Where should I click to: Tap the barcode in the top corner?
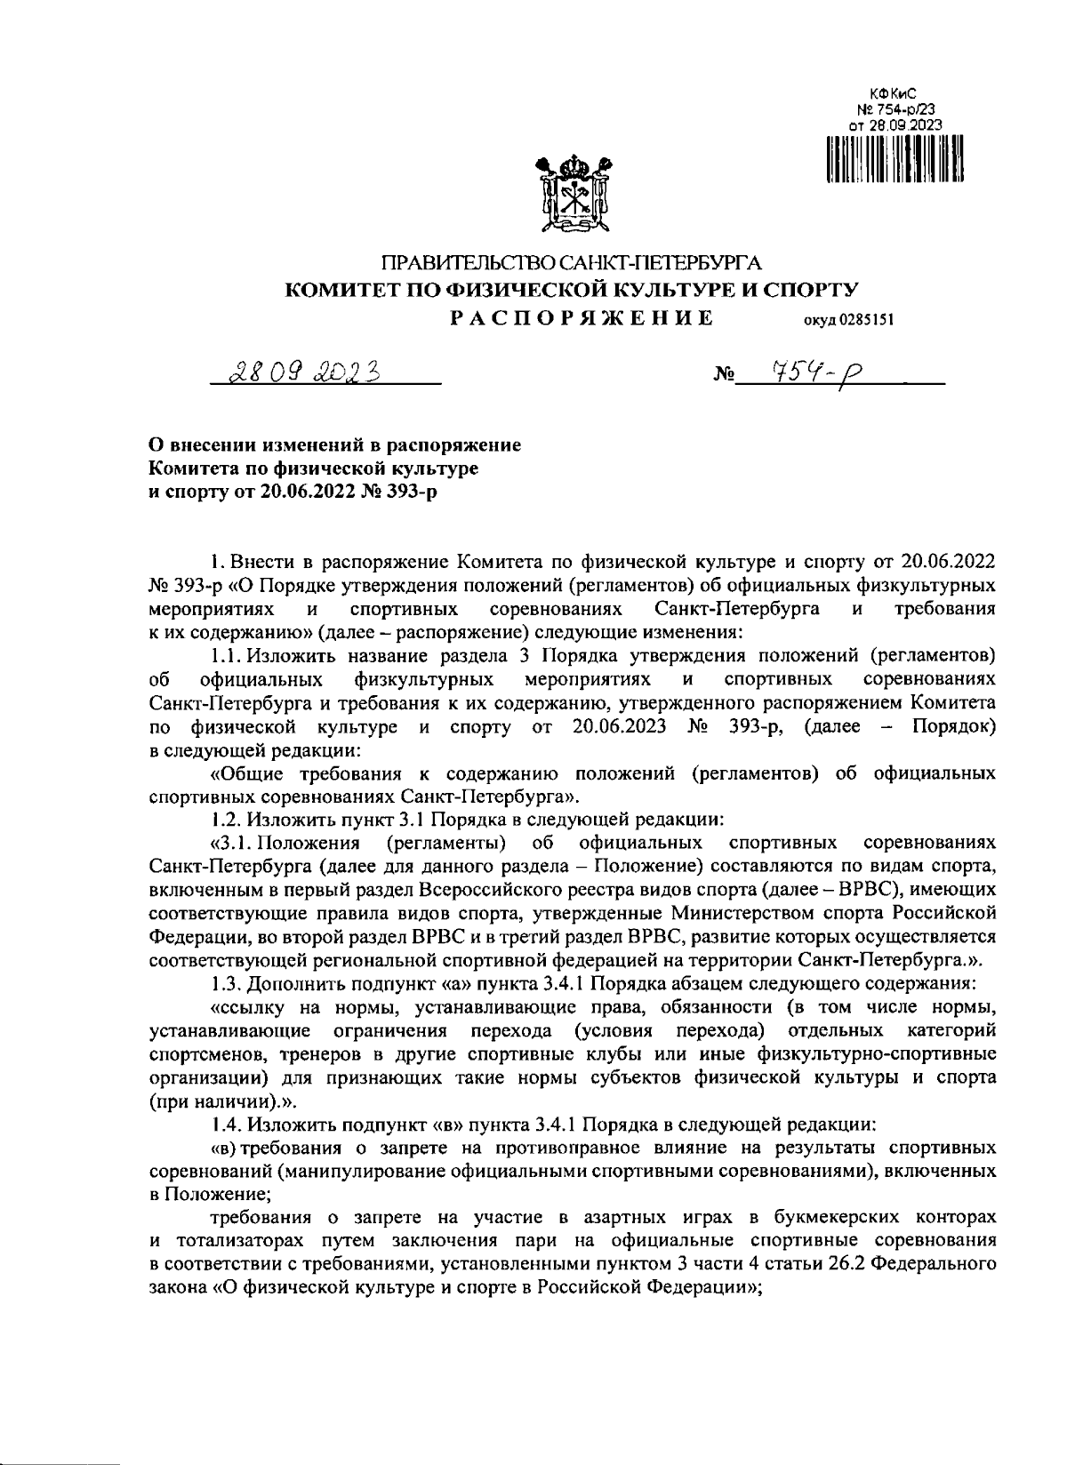tap(895, 158)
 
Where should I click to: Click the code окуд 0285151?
tap(847, 321)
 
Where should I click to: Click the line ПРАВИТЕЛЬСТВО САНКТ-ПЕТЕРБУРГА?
tap(571, 263)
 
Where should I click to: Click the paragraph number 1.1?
tap(226, 657)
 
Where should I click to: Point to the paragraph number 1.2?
tap(226, 815)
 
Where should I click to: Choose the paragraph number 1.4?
tap(226, 1123)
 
